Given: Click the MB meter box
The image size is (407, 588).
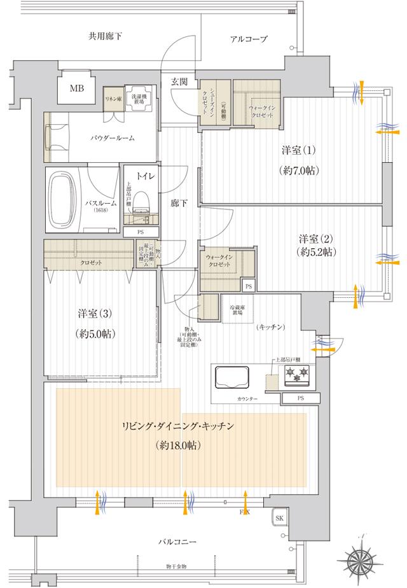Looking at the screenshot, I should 76,88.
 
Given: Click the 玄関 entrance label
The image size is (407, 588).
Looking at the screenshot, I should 179,81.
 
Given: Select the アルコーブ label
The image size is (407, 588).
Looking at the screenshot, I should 249,39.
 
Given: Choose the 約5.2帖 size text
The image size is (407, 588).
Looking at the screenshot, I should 316,253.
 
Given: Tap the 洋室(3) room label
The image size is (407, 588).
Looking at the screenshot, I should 95,314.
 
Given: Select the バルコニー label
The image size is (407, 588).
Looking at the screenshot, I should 179,542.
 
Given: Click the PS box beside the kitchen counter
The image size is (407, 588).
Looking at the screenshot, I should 300,398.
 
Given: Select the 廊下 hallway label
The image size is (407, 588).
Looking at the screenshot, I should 179,205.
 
